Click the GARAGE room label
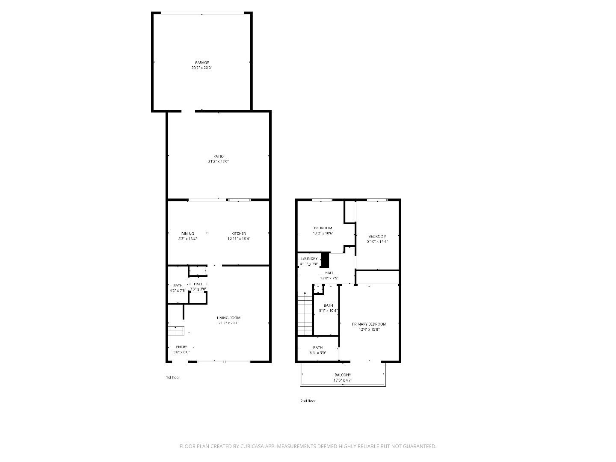click(202, 62)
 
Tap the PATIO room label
click(219, 156)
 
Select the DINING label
click(187, 234)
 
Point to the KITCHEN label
click(239, 234)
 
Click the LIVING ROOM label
click(228, 318)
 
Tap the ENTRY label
click(181, 347)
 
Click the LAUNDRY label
click(309, 259)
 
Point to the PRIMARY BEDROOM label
click(369, 324)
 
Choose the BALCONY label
click(343, 375)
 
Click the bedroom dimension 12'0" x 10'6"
click(323, 233)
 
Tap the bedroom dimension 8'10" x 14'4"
click(377, 241)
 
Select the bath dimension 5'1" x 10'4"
click(328, 311)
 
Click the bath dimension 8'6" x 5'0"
click(318, 353)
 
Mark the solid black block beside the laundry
click(325, 260)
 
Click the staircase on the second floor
click(305, 314)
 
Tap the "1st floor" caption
click(173, 377)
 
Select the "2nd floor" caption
click(308, 401)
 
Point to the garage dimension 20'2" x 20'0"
click(201, 68)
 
